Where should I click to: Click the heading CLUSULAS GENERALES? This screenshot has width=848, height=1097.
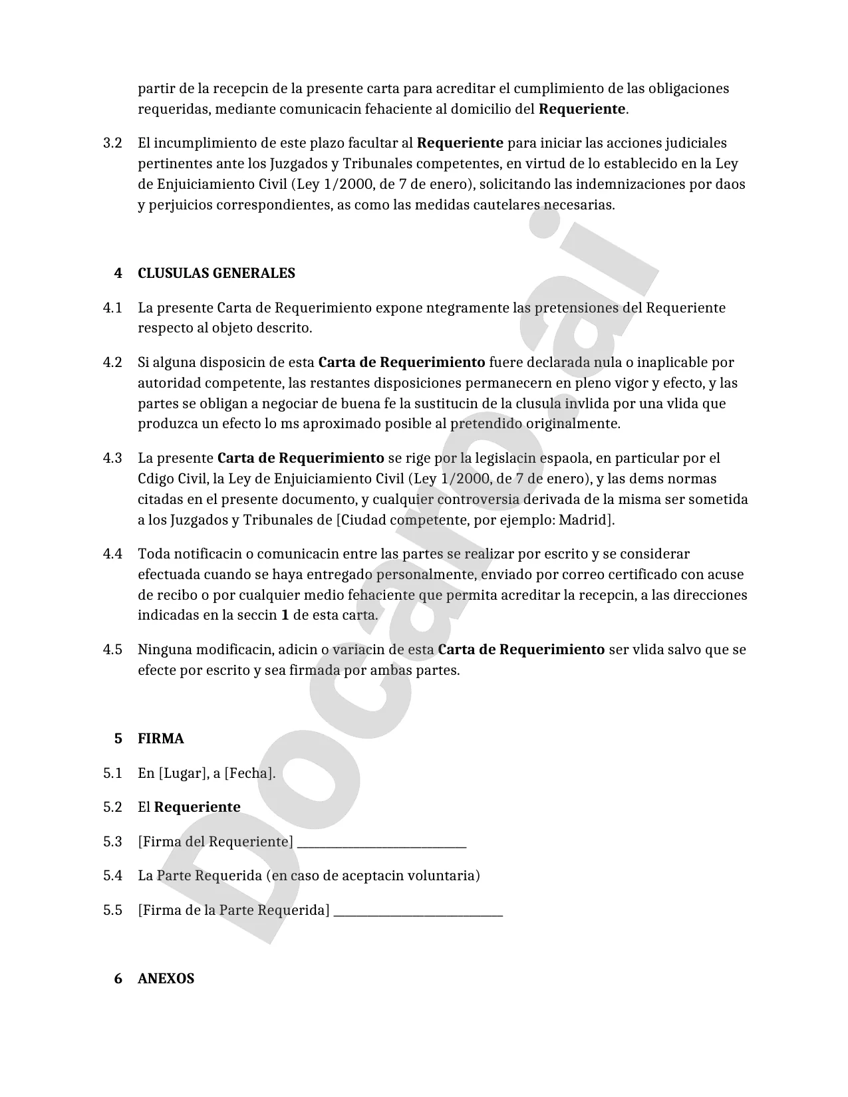coord(216,273)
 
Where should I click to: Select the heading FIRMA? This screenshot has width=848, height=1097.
coord(160,739)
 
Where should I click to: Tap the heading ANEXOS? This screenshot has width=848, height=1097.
coord(166,979)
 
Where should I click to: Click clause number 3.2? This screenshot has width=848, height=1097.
coord(112,143)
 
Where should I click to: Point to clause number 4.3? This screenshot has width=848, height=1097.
coord(112,458)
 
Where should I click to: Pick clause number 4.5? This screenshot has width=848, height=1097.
coord(112,650)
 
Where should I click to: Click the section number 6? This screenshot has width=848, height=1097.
coord(118,979)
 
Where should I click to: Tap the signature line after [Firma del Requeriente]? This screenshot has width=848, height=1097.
coord(382,843)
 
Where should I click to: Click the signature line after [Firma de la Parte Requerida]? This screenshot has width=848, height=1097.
coord(418,912)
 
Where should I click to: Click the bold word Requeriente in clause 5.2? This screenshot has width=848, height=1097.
coord(197,807)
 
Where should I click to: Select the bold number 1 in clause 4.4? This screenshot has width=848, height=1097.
coord(285,615)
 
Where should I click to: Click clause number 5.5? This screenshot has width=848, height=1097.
coord(112,910)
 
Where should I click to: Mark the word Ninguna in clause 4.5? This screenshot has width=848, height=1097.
coord(163,650)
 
